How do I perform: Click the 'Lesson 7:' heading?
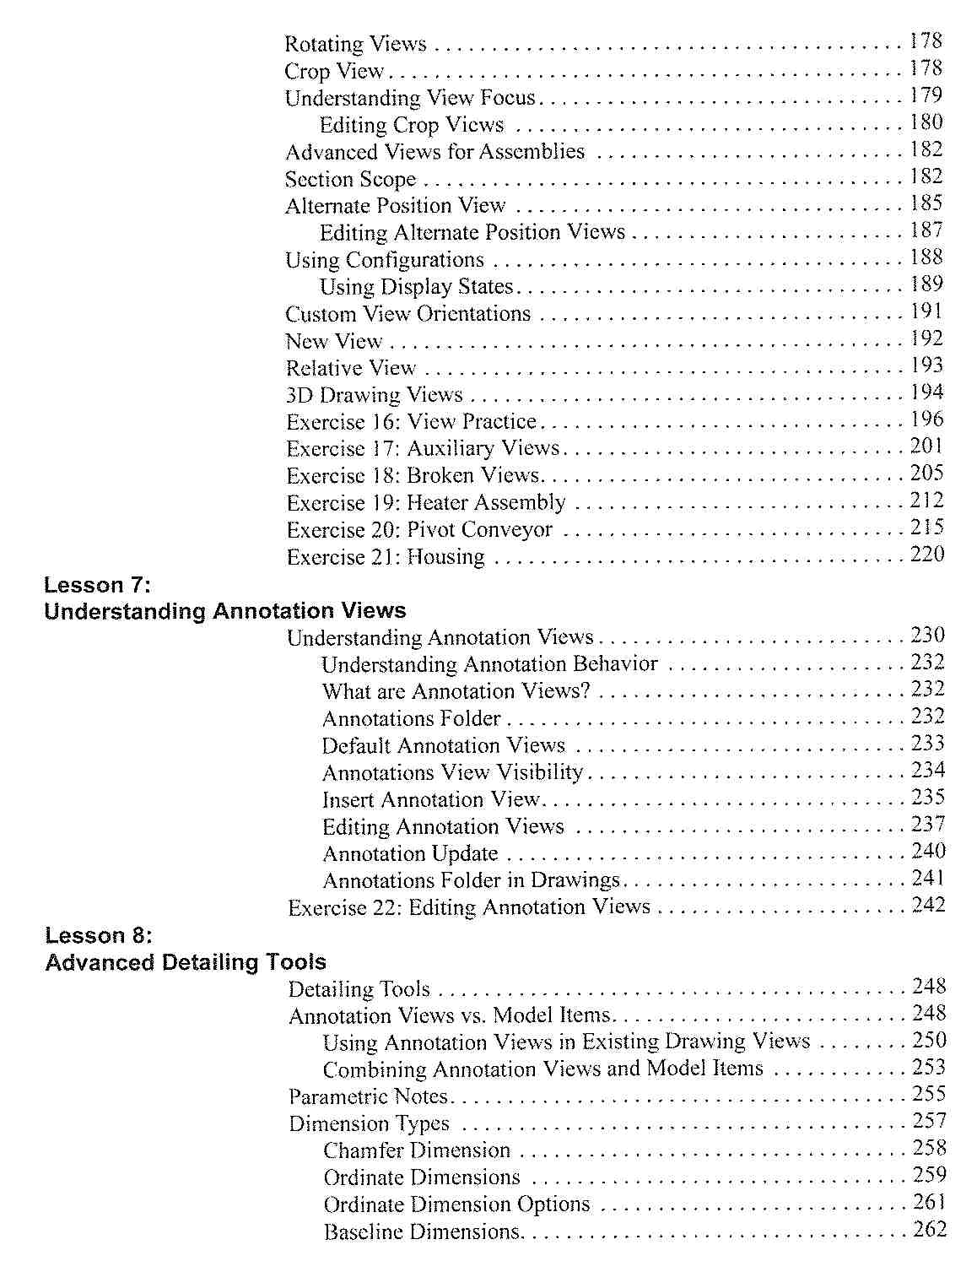[97, 585]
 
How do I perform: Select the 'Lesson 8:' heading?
[99, 935]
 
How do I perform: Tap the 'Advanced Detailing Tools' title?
[186, 962]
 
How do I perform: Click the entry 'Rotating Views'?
[355, 44]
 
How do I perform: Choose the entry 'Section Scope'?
[350, 179]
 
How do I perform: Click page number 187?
[926, 230]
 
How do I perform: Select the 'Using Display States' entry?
[416, 287]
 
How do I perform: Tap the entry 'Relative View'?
[350, 368]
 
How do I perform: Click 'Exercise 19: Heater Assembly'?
[425, 503]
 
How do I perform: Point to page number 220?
[926, 555]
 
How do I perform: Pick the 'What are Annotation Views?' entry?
[456, 691]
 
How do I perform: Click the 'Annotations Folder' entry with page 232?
[411, 718]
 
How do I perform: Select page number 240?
[928, 851]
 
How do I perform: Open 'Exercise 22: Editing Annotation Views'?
[468, 907]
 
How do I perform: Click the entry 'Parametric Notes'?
[368, 1096]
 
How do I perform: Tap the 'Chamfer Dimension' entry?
[417, 1150]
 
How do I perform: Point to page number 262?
[929, 1229]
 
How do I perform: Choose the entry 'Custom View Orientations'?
[408, 314]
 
